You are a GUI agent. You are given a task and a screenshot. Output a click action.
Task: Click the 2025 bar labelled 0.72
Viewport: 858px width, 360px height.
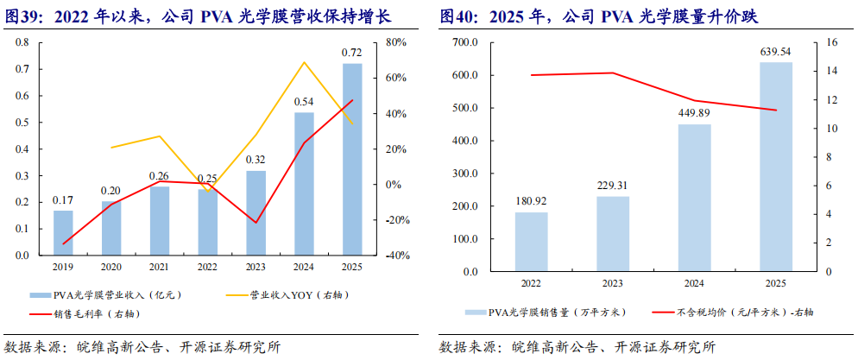click(x=352, y=160)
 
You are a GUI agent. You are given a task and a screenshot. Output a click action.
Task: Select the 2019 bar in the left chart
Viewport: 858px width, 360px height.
click(x=63, y=233)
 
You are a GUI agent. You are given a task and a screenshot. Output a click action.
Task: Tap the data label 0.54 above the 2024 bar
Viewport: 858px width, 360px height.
click(x=304, y=102)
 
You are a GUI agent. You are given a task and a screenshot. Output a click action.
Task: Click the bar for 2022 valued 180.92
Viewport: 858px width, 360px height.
click(x=532, y=242)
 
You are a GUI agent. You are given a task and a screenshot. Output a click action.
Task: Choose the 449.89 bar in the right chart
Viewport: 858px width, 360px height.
click(x=694, y=198)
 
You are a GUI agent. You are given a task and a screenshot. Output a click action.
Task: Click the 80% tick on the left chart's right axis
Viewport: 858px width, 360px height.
click(x=395, y=42)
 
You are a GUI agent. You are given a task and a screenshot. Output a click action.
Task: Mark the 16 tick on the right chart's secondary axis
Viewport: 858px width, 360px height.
click(x=832, y=42)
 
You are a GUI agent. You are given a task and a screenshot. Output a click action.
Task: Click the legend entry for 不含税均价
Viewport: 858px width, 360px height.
click(x=724, y=311)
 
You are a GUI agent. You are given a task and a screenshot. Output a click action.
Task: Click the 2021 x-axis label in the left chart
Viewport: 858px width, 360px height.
click(x=160, y=267)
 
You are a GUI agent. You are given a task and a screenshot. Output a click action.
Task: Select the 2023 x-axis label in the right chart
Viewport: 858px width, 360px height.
click(x=613, y=282)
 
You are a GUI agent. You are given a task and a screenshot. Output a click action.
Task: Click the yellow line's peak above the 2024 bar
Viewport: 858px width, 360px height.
click(x=304, y=62)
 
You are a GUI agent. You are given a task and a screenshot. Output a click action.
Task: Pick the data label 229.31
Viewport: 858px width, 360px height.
click(x=613, y=185)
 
